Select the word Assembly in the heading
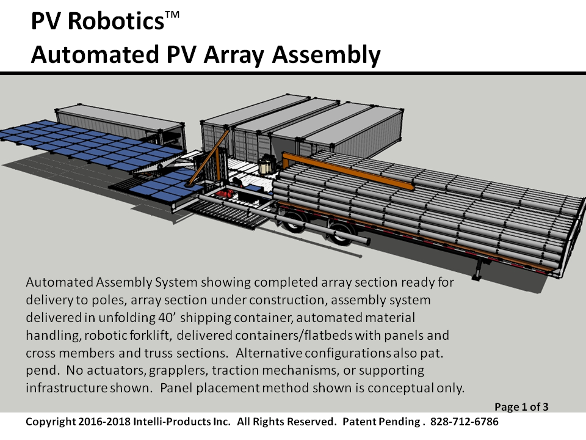click(326, 55)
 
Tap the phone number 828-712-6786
click(464, 422)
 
